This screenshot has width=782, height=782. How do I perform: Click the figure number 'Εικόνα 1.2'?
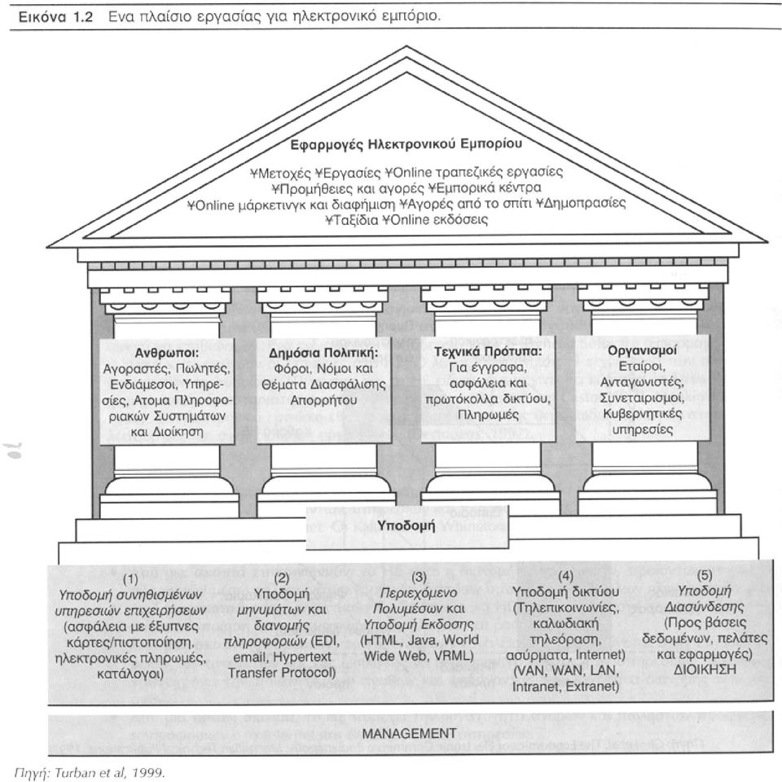(55, 16)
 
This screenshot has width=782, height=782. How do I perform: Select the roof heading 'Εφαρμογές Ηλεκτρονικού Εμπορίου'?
(406, 144)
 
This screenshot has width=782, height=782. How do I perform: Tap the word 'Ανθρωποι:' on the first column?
(166, 353)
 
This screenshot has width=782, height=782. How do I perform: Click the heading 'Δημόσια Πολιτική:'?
(323, 353)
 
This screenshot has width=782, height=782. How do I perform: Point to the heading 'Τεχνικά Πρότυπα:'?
(488, 352)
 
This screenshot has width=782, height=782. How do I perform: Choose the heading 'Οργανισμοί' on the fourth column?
(642, 350)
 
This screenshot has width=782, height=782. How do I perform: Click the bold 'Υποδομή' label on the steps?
(406, 525)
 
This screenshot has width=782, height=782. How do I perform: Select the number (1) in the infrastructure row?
(130, 579)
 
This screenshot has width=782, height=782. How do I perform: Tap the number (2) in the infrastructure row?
(282, 578)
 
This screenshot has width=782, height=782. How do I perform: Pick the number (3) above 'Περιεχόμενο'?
(419, 577)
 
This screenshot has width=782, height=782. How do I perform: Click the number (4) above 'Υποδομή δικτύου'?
(565, 576)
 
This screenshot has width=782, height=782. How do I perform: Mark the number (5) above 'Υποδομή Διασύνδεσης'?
(704, 575)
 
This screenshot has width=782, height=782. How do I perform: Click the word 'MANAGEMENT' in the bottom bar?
(409, 733)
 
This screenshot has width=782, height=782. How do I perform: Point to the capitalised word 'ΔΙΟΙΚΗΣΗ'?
(704, 670)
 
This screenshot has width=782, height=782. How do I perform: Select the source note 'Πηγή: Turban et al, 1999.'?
(90, 772)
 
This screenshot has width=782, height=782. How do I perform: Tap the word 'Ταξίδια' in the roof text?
(352, 219)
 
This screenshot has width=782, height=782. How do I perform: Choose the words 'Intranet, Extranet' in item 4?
(565, 686)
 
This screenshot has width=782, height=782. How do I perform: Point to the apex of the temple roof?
(407, 46)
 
